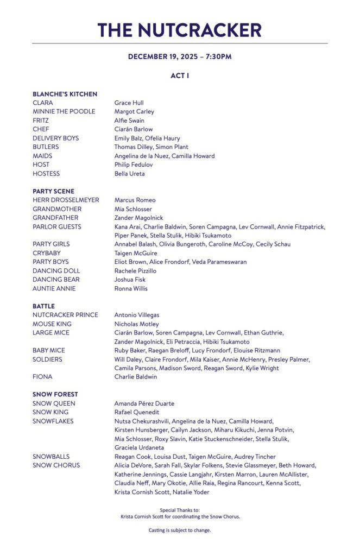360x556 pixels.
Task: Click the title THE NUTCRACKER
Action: coord(180,30)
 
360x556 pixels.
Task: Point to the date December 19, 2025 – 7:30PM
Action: coord(180,56)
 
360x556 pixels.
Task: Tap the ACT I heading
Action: coord(180,75)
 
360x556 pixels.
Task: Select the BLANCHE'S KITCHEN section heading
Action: coord(65,94)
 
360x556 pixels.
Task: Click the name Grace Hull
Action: coord(129,103)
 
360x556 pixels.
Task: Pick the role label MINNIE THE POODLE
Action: coord(64,111)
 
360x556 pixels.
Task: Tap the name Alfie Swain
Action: coord(129,121)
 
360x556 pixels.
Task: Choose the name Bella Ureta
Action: coord(129,174)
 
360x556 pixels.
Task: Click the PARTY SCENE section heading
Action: coord(53,191)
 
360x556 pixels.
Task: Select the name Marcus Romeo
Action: coord(135,200)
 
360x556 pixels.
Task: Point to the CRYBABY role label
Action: coord(47,253)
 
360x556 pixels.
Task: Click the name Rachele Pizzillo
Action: coord(135,270)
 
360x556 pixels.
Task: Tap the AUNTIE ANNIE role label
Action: coord(54,288)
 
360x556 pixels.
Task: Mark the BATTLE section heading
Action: coord(43,306)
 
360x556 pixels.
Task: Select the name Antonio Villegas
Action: coord(136,315)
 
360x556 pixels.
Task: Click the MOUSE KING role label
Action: coord(52,324)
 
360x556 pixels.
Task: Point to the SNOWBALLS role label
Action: coord(51,457)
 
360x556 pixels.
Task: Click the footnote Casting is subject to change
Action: coord(180,530)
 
